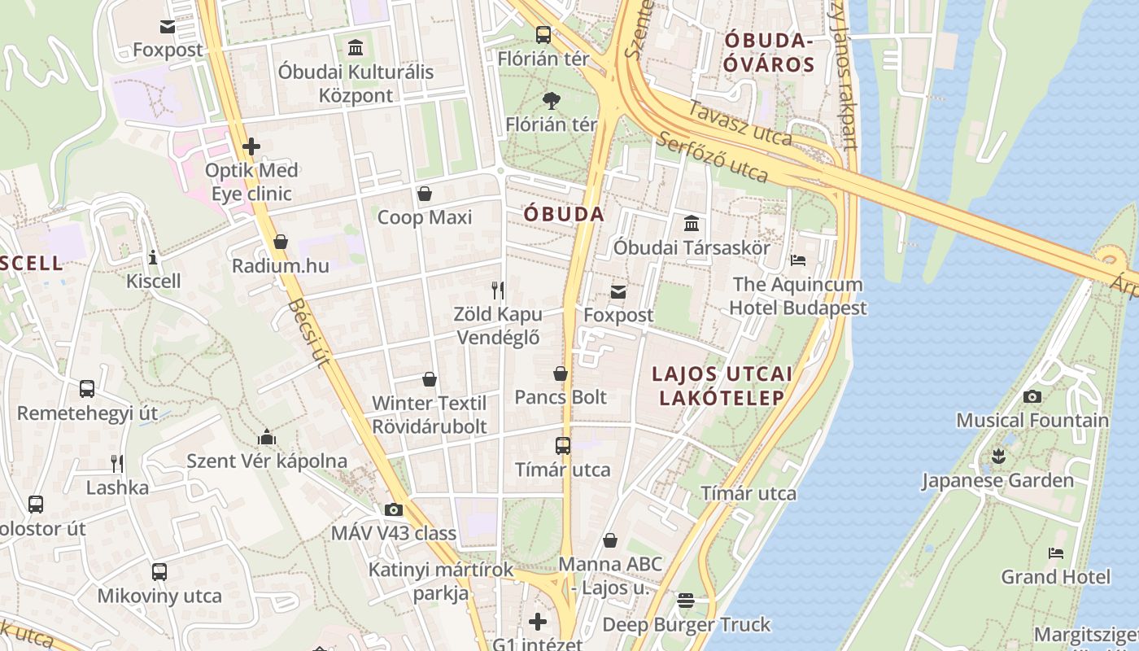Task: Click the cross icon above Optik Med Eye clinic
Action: click(x=251, y=146)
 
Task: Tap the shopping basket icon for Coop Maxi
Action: click(x=424, y=194)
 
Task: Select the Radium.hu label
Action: click(x=281, y=266)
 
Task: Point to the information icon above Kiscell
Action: click(x=153, y=258)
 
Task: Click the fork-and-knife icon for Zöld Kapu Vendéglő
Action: click(x=498, y=290)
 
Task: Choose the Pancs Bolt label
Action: click(x=561, y=397)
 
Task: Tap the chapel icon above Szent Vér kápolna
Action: click(x=267, y=438)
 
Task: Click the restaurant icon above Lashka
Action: click(x=118, y=464)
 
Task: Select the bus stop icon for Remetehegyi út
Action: click(x=87, y=389)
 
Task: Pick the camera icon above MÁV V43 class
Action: click(x=394, y=510)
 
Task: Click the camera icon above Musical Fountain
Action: click(x=1032, y=397)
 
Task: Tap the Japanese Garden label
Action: click(x=997, y=481)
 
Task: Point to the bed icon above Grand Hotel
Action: click(x=1055, y=553)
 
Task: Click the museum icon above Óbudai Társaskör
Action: click(x=692, y=223)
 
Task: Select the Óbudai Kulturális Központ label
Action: click(x=356, y=83)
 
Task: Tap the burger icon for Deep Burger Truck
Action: click(x=686, y=601)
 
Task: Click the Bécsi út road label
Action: click(x=310, y=332)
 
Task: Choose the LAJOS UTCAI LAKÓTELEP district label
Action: click(x=722, y=386)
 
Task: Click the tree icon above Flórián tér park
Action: click(x=551, y=101)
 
